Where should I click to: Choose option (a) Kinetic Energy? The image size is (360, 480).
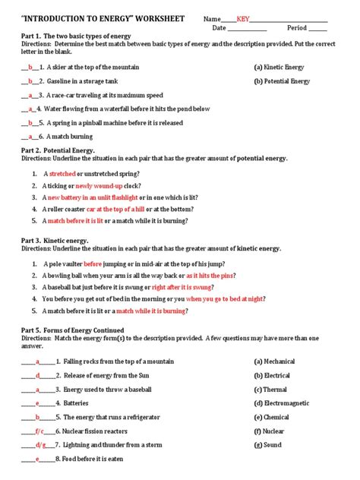279,67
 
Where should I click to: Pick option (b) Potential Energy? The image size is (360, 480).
282,81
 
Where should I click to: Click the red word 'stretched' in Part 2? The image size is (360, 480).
63,174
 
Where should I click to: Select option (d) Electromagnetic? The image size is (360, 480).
284,403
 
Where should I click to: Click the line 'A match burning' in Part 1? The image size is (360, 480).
64,137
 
